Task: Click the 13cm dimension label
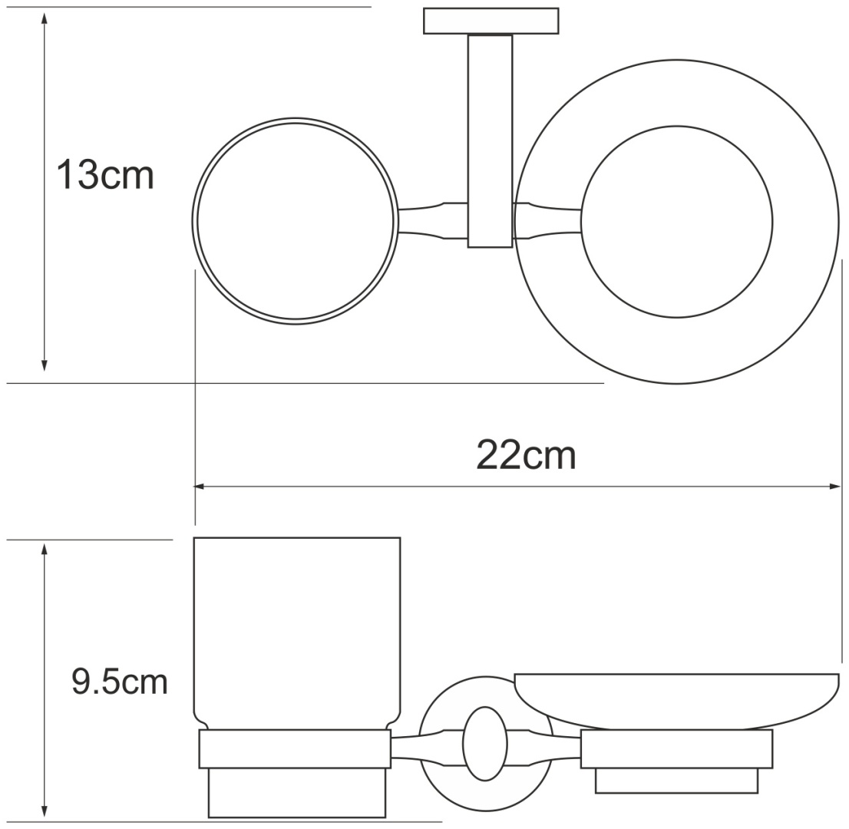click(106, 175)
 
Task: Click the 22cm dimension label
click(527, 456)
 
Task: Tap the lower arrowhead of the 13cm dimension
click(45, 363)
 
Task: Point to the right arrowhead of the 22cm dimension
click(834, 487)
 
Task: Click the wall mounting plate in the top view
click(491, 21)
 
